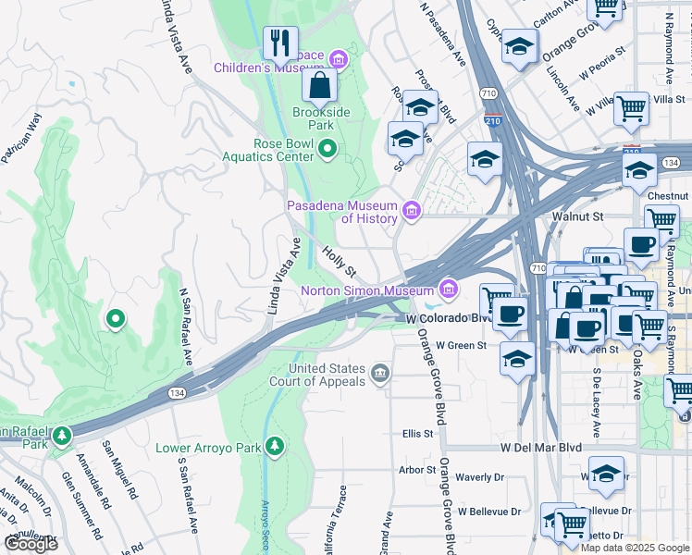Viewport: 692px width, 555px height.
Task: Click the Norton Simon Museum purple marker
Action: (x=450, y=290)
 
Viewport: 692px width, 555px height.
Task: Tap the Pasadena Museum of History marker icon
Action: (x=412, y=212)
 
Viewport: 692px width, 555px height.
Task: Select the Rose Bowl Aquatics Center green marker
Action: (x=327, y=149)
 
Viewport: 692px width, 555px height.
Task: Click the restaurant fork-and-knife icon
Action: (x=279, y=43)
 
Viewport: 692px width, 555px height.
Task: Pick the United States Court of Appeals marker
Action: (x=379, y=374)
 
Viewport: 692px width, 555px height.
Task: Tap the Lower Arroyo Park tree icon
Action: (x=274, y=448)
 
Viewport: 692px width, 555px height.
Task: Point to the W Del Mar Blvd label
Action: (x=540, y=447)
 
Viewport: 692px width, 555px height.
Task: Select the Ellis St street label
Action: (x=417, y=433)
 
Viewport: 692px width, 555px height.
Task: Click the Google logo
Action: (x=31, y=544)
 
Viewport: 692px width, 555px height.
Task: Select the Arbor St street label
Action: (x=416, y=469)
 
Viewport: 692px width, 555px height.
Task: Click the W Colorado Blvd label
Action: (x=447, y=318)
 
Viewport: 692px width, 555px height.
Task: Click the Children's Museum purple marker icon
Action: (x=339, y=61)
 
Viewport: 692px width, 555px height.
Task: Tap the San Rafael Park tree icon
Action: (x=62, y=435)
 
